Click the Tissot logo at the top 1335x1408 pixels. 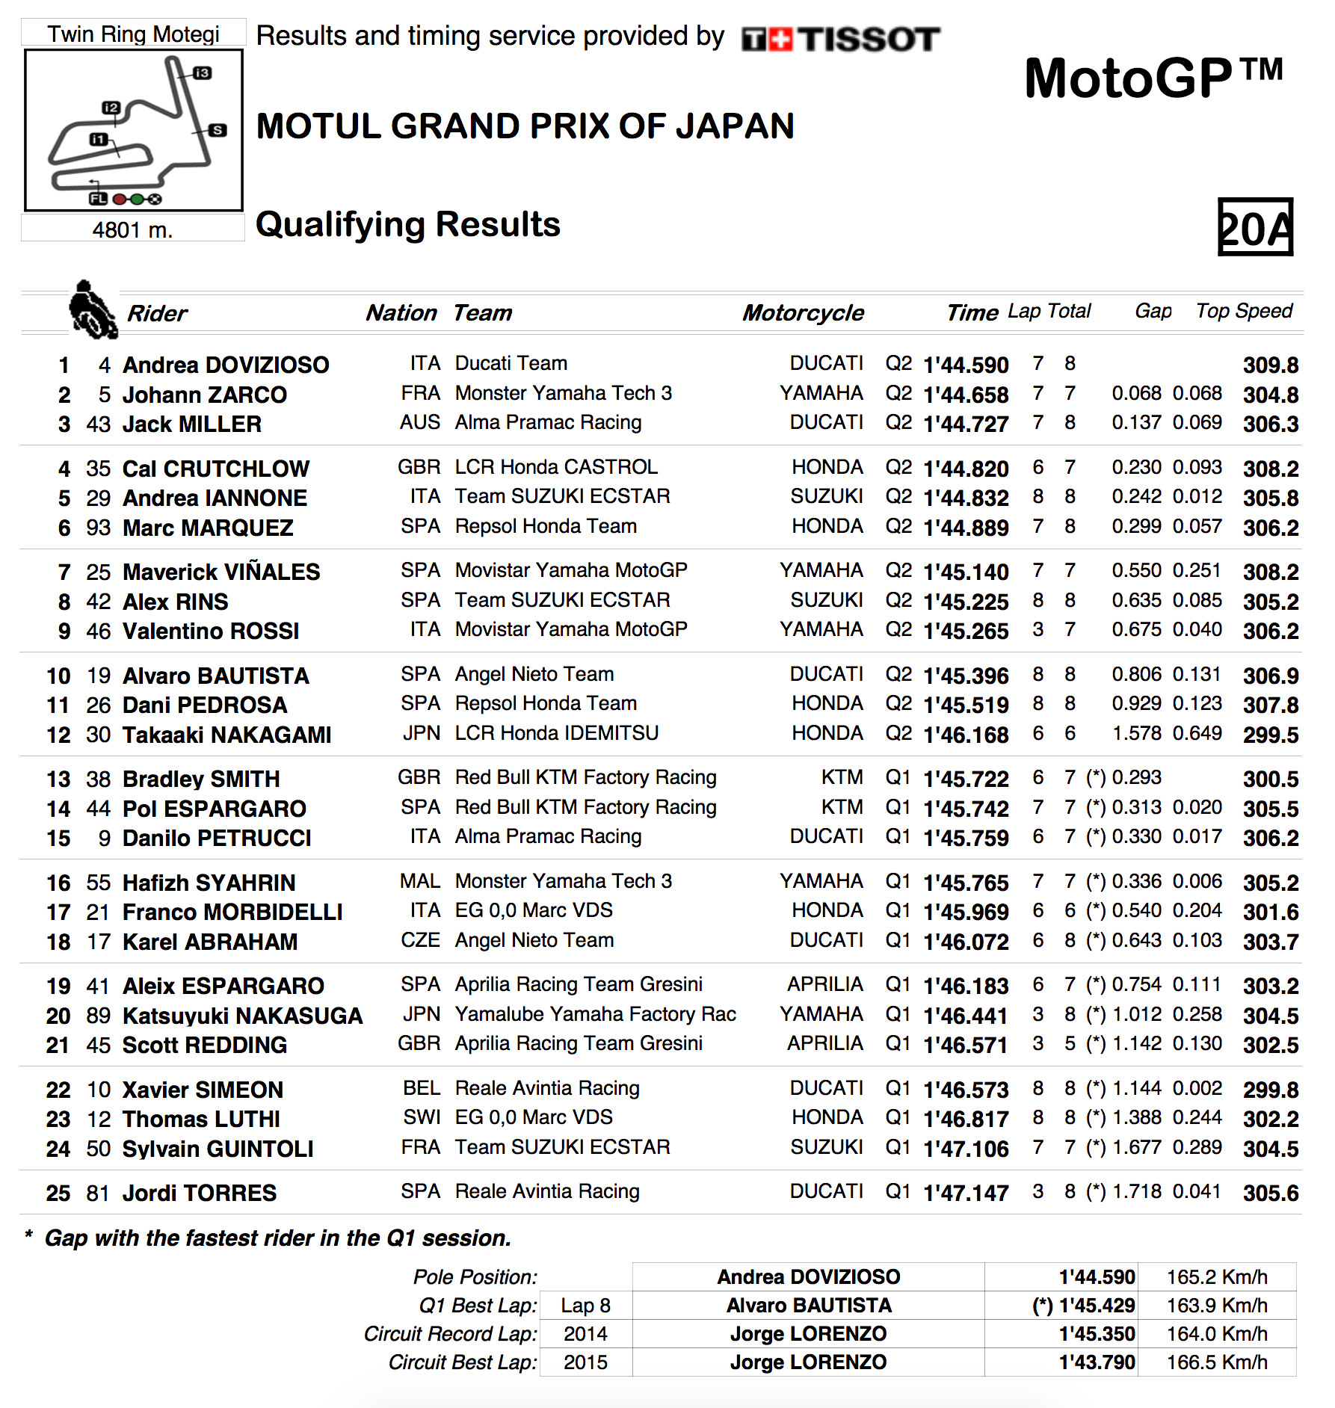click(x=840, y=39)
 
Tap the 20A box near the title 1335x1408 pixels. click(x=1255, y=227)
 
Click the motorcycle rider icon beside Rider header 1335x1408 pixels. click(x=92, y=309)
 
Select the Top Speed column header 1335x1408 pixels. click(x=1244, y=311)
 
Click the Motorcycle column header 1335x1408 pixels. click(x=803, y=312)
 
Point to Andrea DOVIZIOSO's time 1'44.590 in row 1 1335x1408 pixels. click(x=966, y=365)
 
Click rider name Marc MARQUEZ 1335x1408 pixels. click(x=208, y=528)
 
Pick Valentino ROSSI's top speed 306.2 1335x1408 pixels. click(x=1270, y=632)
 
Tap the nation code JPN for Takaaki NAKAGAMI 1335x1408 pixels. click(x=422, y=733)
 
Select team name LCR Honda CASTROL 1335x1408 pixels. click(x=556, y=467)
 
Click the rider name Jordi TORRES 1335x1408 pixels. click(x=200, y=1193)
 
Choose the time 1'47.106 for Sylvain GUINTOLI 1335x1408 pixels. click(x=966, y=1149)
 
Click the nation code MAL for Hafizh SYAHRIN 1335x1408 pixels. click(x=420, y=881)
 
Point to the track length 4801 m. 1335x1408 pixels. click(x=132, y=229)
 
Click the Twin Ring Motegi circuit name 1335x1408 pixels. click(x=133, y=34)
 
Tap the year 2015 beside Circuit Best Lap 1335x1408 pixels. click(x=585, y=1362)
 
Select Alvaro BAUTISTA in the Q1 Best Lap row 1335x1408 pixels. click(x=809, y=1306)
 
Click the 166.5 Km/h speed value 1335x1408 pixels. click(x=1216, y=1362)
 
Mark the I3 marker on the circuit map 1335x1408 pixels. click(x=202, y=72)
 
